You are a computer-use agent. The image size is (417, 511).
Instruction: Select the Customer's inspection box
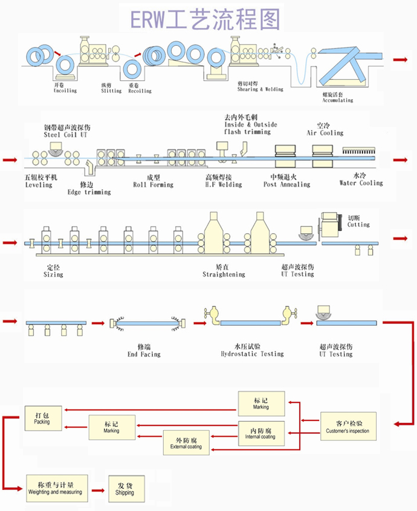point(347,426)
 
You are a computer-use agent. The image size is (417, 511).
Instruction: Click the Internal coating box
point(260,432)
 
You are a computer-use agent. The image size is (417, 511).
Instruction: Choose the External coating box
point(186,443)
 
